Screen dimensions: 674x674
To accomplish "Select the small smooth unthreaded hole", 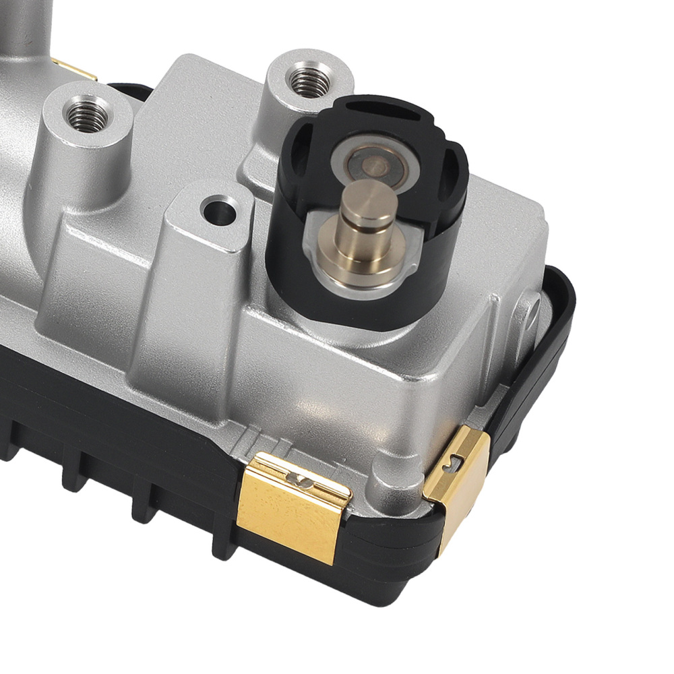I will (x=221, y=211).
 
